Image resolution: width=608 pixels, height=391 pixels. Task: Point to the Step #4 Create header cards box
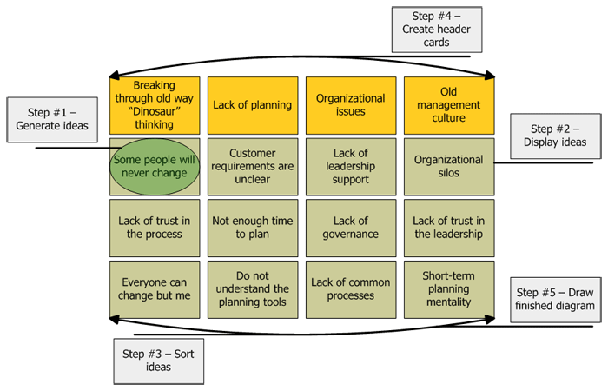coord(436,30)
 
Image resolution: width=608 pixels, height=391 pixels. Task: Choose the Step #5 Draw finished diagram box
coord(554,299)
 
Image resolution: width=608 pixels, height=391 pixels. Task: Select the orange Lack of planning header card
coord(253,105)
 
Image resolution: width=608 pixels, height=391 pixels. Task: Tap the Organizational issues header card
coord(351,105)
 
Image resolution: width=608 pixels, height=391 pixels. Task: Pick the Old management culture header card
coord(449,105)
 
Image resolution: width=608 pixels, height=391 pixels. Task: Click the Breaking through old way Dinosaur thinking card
coord(155,105)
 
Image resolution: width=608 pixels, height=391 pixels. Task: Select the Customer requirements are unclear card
coord(253,167)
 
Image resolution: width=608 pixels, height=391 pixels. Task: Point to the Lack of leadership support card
coord(351,167)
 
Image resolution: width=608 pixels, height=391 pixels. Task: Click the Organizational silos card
coord(449,167)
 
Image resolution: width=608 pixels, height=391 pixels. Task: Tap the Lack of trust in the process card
coord(155,228)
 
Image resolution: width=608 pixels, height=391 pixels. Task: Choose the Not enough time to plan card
coord(253,228)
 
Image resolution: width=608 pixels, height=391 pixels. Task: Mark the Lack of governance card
coord(351,228)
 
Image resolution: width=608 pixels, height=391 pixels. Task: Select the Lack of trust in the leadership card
coord(449,228)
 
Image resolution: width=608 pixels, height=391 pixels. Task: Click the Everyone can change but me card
coord(155,289)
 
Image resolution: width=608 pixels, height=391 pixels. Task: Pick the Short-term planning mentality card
coord(449,289)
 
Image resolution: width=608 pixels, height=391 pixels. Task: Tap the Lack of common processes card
coord(351,289)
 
